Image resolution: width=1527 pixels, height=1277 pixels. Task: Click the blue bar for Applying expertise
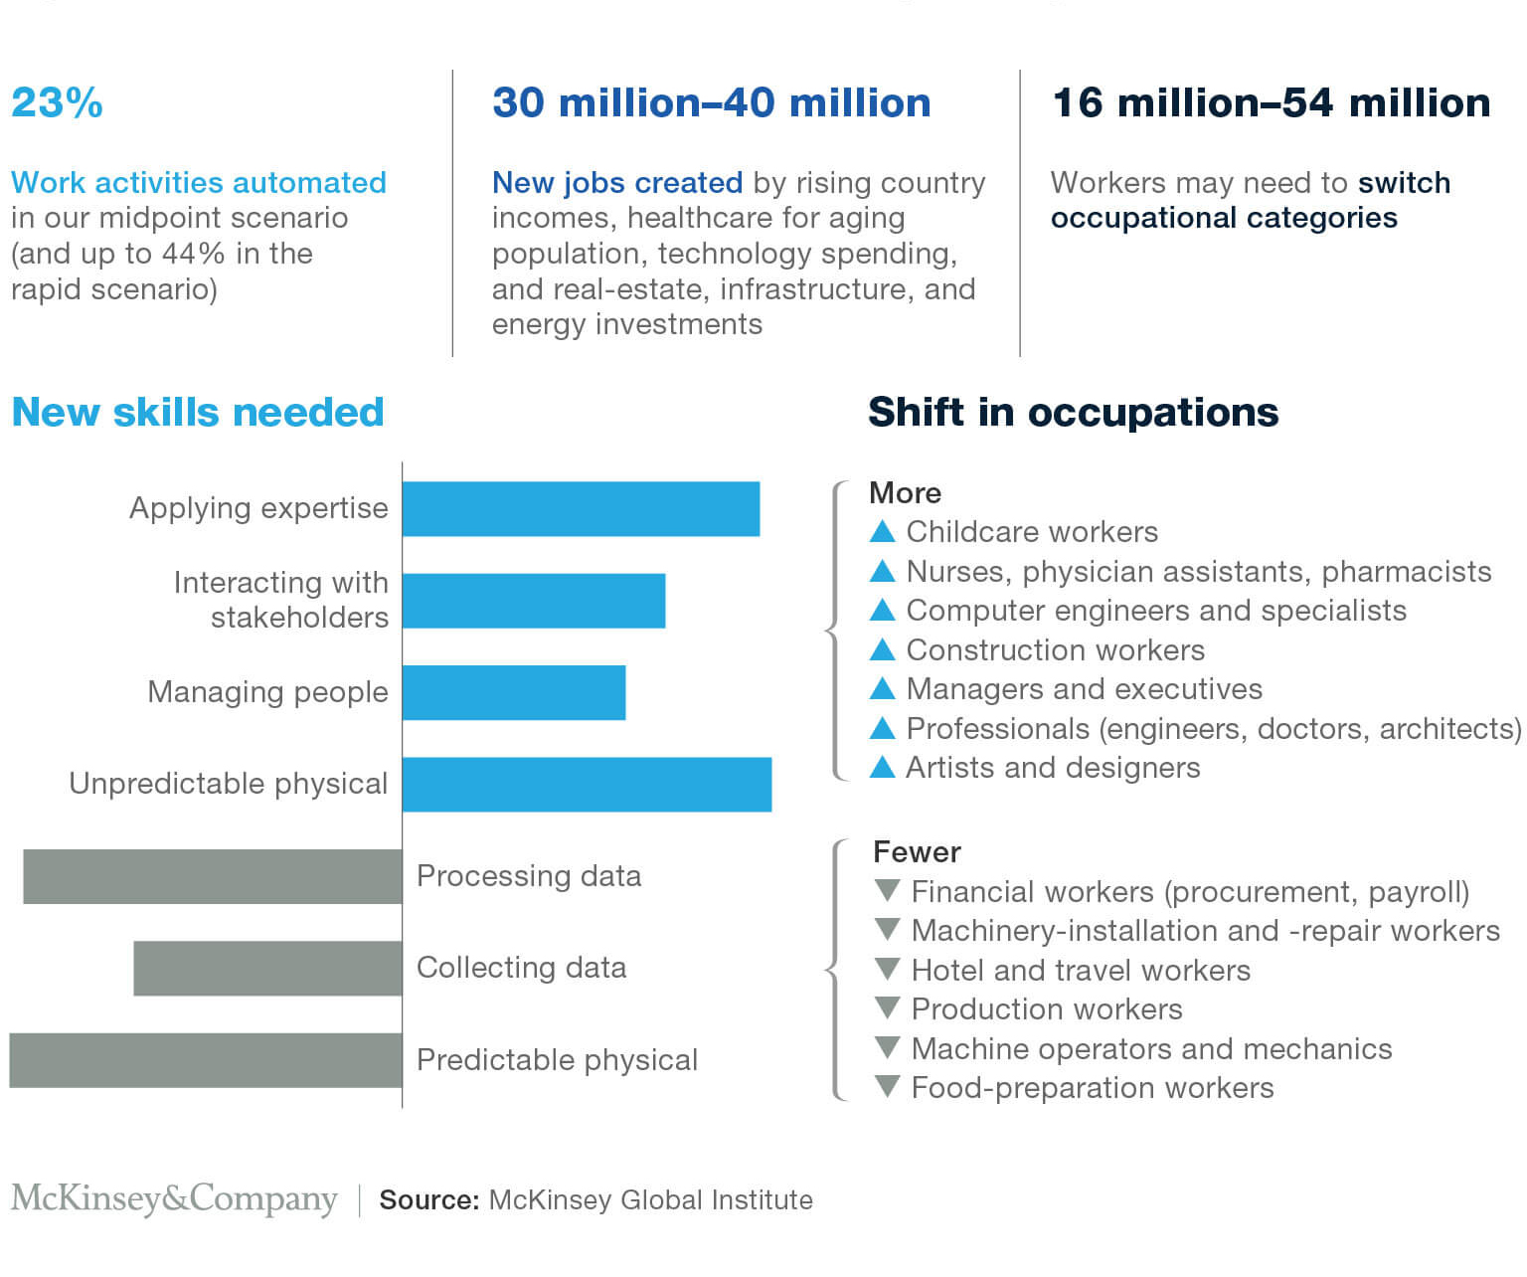(x=581, y=508)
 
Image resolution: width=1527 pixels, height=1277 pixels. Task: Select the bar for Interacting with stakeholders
(x=534, y=601)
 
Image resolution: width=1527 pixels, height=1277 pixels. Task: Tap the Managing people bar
(x=514, y=692)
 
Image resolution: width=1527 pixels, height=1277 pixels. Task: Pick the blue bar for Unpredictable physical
(x=588, y=785)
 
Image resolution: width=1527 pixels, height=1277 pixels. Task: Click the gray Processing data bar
(x=213, y=877)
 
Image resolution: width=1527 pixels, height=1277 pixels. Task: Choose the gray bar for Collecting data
(x=267, y=968)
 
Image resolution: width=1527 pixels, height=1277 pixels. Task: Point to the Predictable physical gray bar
(x=206, y=1060)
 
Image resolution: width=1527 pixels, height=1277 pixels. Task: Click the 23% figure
(x=57, y=102)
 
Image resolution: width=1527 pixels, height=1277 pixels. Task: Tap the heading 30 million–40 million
(x=712, y=102)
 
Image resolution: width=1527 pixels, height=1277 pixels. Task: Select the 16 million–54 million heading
(x=1272, y=102)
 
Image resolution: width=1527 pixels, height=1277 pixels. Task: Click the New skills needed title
(x=198, y=412)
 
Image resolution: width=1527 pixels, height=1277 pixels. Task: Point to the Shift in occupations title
(x=1074, y=412)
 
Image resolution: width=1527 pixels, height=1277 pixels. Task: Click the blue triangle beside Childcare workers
(x=883, y=531)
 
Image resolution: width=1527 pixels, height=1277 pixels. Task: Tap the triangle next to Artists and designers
(x=883, y=767)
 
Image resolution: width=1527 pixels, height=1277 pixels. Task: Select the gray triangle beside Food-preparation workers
(x=887, y=1086)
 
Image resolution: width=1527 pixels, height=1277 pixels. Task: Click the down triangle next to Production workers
(x=887, y=1007)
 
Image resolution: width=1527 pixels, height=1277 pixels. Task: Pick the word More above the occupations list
(x=905, y=493)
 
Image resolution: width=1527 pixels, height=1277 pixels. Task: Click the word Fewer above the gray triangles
(x=917, y=851)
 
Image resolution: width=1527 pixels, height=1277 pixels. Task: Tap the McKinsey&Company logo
(x=174, y=1199)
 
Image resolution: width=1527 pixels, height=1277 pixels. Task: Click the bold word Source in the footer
(x=429, y=1200)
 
